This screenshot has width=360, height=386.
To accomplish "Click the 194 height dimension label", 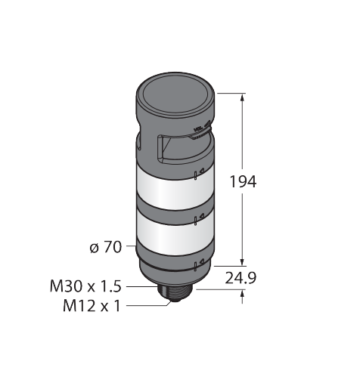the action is coord(243,181).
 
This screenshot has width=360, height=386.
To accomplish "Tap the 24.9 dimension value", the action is coord(241,278).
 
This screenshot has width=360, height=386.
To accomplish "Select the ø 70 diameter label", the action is coord(106,247).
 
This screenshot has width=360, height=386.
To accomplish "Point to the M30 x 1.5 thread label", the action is coord(85,286).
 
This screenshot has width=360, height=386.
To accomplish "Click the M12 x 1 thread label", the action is coord(92,306).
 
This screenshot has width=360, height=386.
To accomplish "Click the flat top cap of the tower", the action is coord(175,95).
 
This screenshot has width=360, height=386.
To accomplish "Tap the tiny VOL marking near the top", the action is coord(198,129).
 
